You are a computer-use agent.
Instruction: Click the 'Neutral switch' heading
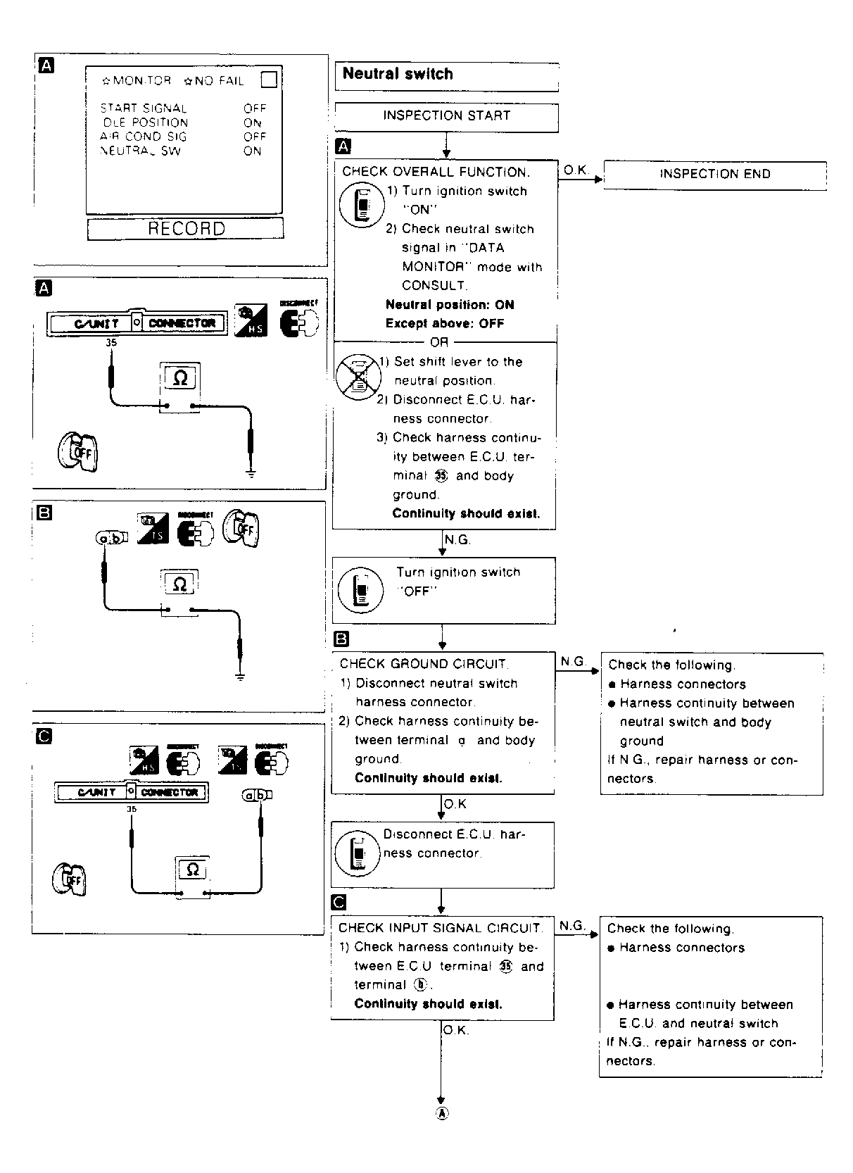(x=398, y=74)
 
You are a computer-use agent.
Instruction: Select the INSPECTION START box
(x=446, y=116)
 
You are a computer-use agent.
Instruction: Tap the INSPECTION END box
(x=714, y=175)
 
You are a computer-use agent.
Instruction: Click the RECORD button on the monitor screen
(x=186, y=229)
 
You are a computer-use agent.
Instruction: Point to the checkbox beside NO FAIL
(x=269, y=80)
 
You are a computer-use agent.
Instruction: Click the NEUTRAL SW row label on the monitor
(x=141, y=151)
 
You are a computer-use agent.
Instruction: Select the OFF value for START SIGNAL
(x=255, y=108)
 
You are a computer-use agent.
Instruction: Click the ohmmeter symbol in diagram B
(x=179, y=584)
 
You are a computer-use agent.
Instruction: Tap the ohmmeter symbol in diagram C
(x=192, y=870)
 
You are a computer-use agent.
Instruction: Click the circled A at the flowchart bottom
(x=441, y=1113)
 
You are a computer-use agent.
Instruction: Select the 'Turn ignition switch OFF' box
(x=443, y=590)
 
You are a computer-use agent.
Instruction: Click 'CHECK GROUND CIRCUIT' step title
(x=423, y=664)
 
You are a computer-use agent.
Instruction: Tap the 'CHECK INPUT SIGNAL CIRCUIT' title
(x=441, y=928)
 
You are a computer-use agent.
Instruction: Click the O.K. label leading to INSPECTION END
(x=576, y=170)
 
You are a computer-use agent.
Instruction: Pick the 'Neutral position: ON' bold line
(x=450, y=305)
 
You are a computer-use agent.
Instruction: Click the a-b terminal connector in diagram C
(x=257, y=796)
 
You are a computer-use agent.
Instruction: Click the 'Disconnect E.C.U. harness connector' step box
(x=442, y=854)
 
